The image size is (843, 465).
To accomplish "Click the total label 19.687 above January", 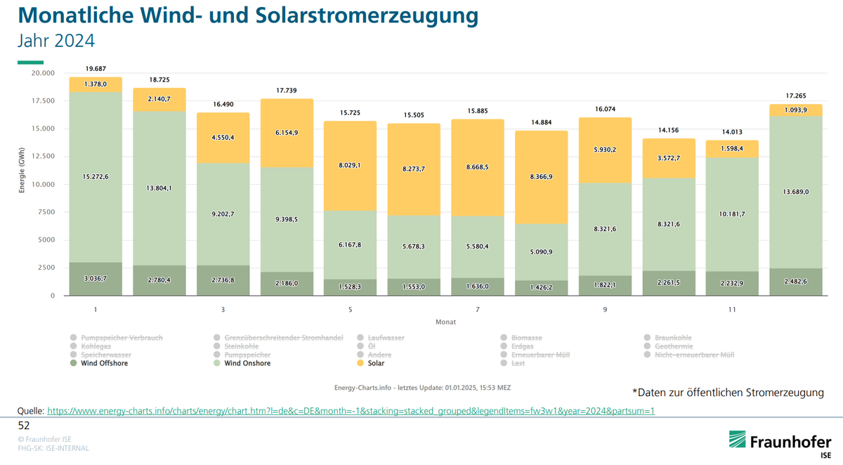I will (95, 69).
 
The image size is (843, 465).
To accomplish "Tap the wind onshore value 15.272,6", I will (95, 176).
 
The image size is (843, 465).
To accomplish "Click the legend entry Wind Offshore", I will (104, 363).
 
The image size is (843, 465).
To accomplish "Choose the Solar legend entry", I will (380, 363).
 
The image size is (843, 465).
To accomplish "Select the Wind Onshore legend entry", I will (247, 363).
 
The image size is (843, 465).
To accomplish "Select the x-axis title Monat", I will (445, 322).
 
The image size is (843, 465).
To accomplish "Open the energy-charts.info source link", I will (351, 410).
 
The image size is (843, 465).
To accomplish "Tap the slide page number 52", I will (24, 426).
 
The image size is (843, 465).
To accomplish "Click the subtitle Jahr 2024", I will (56, 41).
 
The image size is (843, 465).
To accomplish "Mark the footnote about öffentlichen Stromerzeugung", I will (727, 392).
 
